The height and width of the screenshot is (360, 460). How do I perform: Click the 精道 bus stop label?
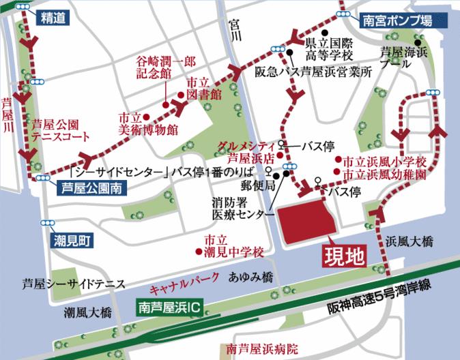coord(53,19)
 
